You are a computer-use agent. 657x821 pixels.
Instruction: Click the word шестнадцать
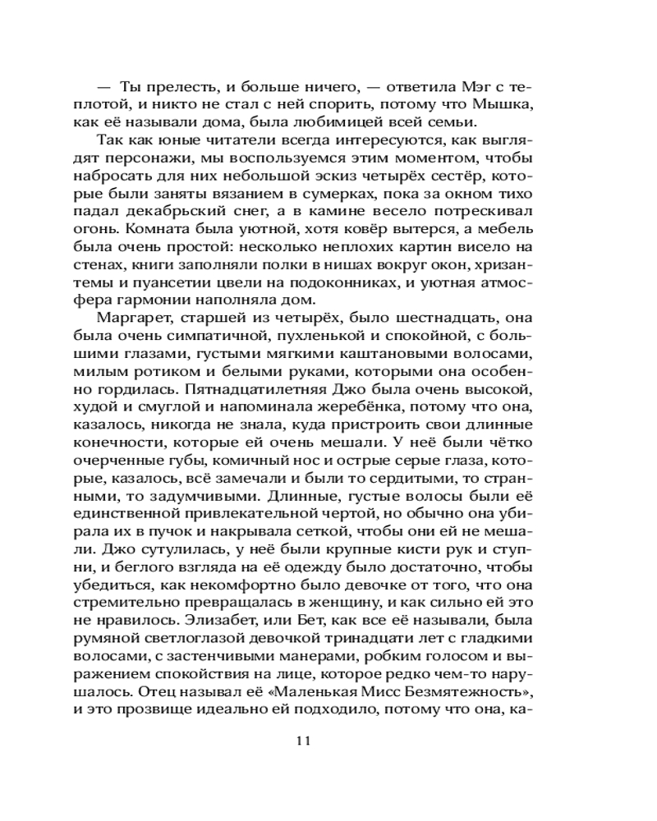tap(437, 318)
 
